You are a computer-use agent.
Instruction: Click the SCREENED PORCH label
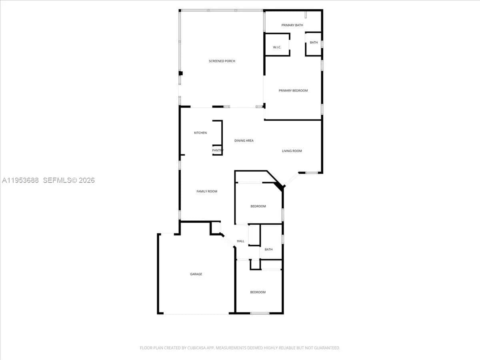(222, 61)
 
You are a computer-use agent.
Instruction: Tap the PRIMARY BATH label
(292, 25)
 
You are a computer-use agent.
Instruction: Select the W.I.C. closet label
(277, 47)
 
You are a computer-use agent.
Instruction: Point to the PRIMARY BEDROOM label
(293, 90)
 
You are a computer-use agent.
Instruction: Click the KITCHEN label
(200, 133)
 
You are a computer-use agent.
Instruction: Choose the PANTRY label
(218, 150)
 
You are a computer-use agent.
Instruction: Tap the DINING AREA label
(244, 140)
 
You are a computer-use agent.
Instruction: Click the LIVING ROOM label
(292, 151)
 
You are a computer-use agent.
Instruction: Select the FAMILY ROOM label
(206, 191)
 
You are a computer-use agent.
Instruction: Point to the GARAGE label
(196, 274)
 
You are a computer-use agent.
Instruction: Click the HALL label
(240, 241)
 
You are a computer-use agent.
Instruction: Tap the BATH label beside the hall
(268, 250)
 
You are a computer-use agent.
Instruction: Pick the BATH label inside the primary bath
(314, 42)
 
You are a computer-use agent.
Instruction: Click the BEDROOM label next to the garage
(258, 292)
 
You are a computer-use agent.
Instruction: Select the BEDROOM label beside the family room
(258, 206)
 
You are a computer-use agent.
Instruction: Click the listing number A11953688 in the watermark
(20, 180)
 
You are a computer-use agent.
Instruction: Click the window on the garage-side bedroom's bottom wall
(260, 313)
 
